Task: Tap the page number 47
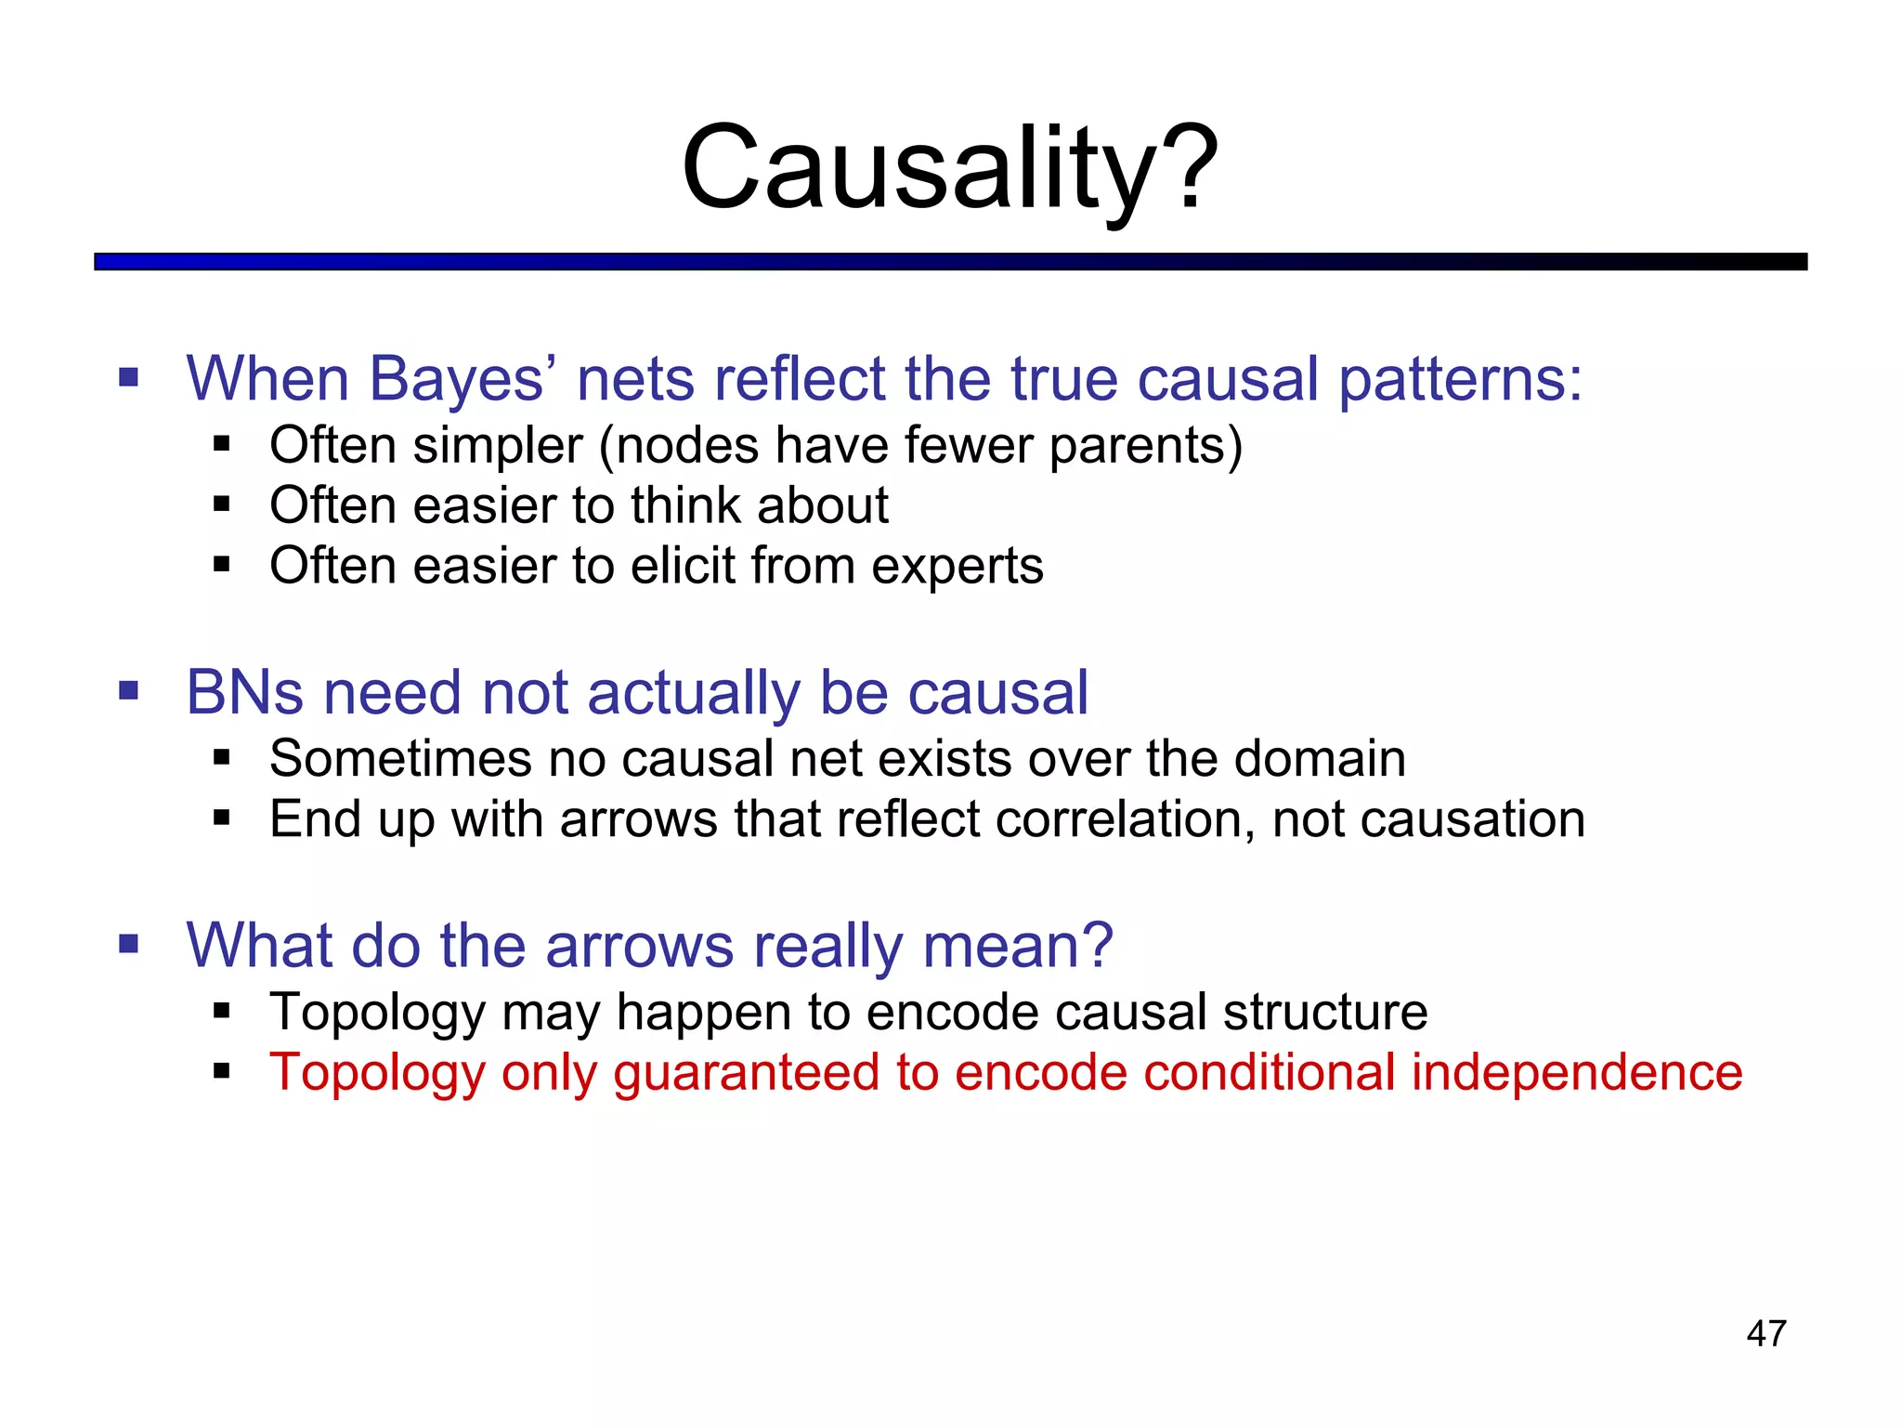point(1765,1333)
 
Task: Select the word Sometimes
point(400,759)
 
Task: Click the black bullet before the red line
point(221,1072)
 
